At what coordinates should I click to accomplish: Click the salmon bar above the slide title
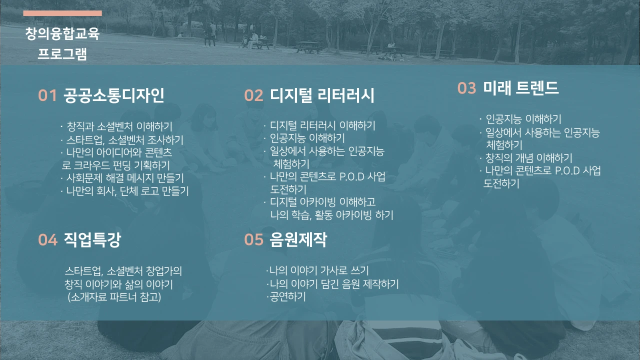(62, 13)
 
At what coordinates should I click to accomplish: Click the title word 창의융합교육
(62, 34)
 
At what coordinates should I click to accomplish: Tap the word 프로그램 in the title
(62, 53)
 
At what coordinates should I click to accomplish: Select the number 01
(47, 96)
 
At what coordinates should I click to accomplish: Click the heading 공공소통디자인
(114, 95)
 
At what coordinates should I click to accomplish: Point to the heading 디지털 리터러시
(322, 95)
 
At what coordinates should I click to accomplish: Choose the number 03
(466, 88)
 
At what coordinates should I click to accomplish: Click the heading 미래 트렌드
(520, 88)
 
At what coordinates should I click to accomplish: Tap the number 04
(47, 240)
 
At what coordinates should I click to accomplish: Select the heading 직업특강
(92, 240)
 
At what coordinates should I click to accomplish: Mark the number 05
(253, 240)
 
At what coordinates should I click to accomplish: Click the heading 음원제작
(298, 240)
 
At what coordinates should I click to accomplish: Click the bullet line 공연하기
(286, 296)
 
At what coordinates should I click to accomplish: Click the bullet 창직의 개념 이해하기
(528, 158)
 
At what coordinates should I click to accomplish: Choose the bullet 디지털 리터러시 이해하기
(322, 125)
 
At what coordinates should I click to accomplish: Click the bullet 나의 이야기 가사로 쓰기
(318, 271)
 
